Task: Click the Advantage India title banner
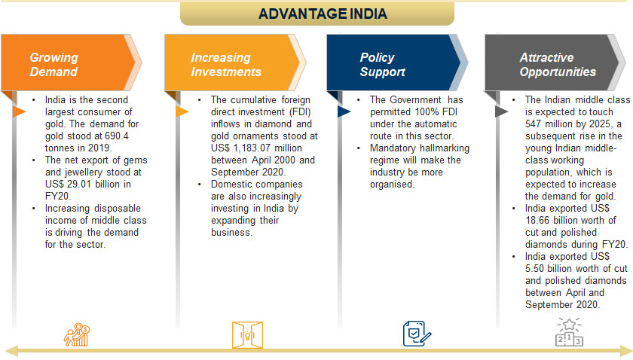tap(317, 14)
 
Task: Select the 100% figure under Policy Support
tap(423, 111)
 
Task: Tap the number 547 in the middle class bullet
tap(534, 124)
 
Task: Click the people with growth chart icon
tap(77, 334)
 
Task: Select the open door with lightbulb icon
tap(247, 334)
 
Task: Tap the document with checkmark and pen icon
tap(417, 334)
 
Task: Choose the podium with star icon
tap(569, 332)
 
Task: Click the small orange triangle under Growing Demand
tap(18, 111)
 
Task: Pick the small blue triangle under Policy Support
tap(343, 111)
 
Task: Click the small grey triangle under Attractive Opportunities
tap(501, 111)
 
